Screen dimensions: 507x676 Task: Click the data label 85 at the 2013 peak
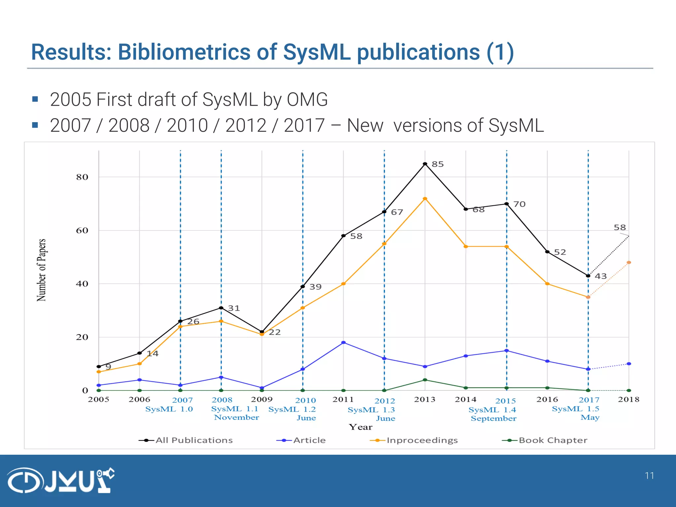click(x=438, y=164)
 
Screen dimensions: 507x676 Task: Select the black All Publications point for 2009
click(x=262, y=332)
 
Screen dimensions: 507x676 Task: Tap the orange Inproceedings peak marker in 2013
click(x=425, y=199)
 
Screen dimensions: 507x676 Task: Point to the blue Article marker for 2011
click(x=343, y=343)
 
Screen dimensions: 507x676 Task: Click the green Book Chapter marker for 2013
click(x=425, y=380)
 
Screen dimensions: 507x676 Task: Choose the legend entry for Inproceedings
click(x=422, y=440)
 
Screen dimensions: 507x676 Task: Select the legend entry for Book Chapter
click(x=553, y=440)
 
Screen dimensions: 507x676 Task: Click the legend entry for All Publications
click(x=194, y=440)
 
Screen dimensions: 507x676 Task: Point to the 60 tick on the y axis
click(x=82, y=230)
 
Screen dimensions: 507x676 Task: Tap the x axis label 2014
click(x=465, y=399)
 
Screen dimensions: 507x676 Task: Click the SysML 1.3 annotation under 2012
click(x=371, y=410)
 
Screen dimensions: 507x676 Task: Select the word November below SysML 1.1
click(x=236, y=418)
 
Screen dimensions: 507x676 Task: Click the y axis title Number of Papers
click(x=41, y=270)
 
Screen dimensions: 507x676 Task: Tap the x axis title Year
click(x=360, y=427)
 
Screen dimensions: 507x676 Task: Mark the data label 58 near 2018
click(x=620, y=227)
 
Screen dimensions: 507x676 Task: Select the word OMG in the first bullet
click(x=307, y=99)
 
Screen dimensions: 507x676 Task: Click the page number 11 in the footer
click(x=649, y=476)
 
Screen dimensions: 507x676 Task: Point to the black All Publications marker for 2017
click(x=588, y=276)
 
